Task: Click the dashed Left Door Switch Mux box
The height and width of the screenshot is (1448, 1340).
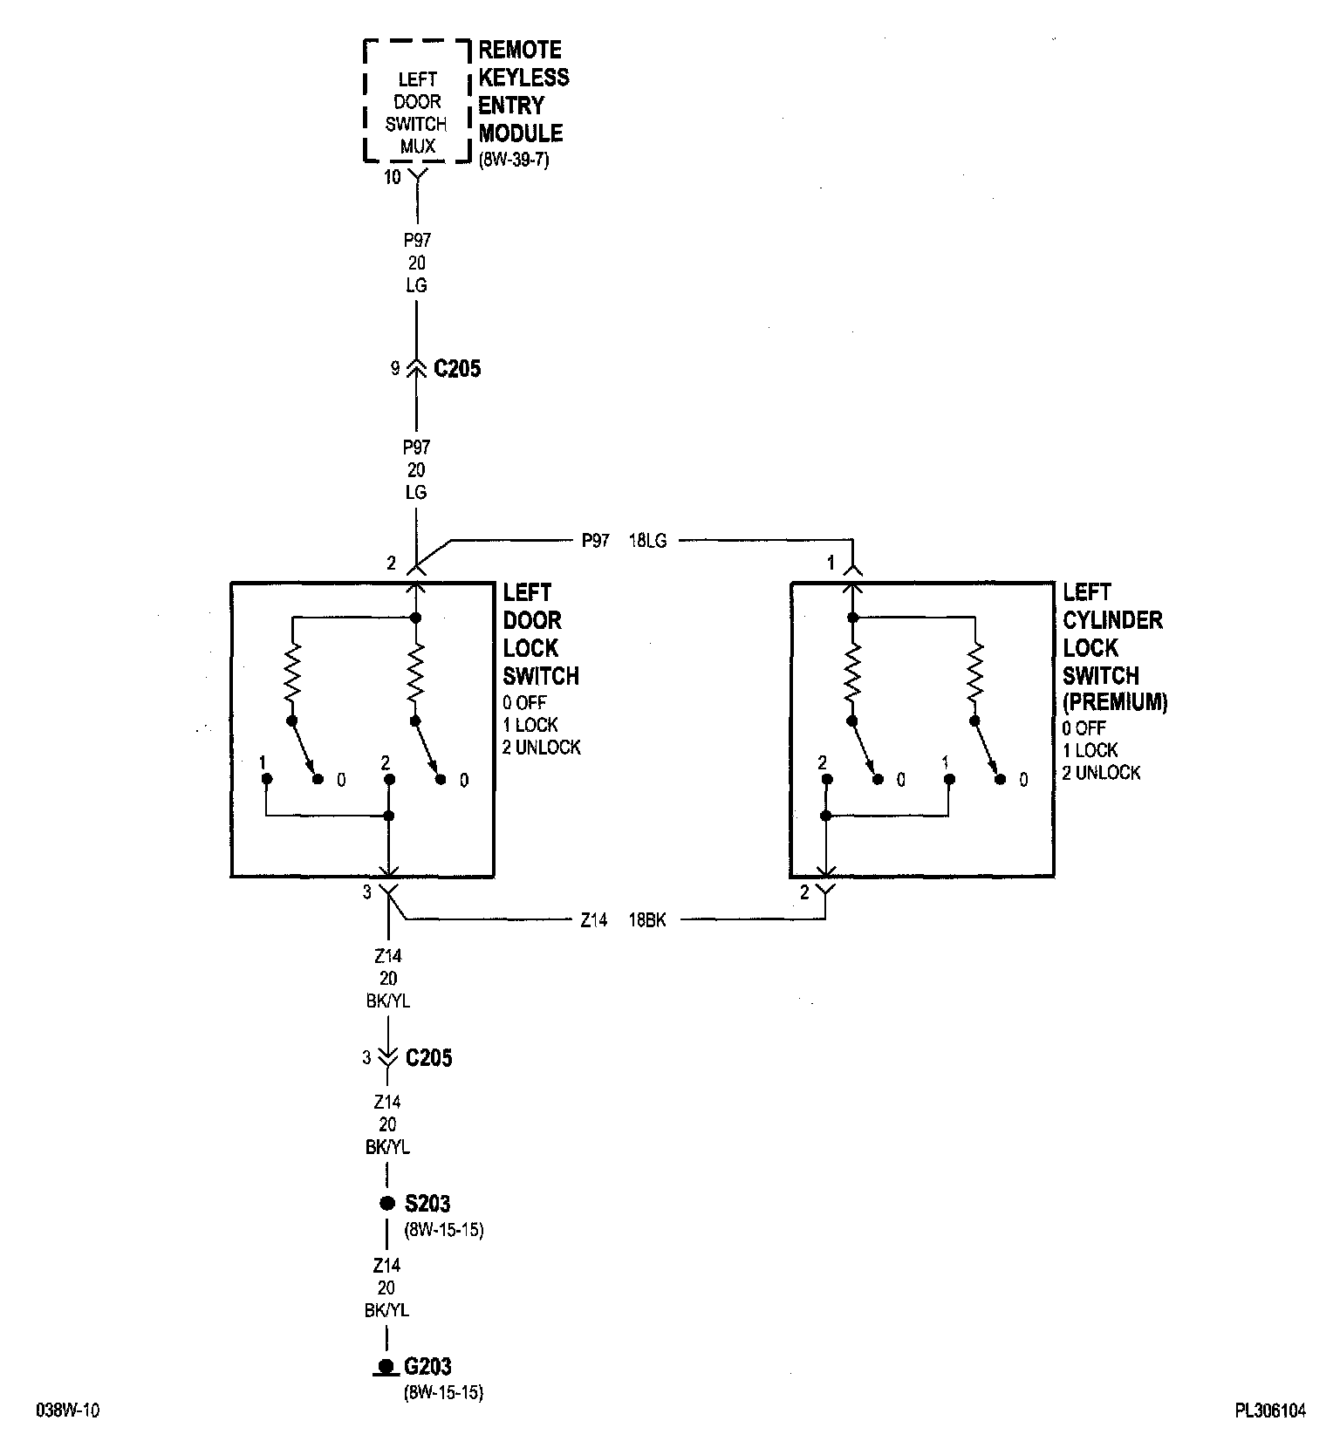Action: [417, 101]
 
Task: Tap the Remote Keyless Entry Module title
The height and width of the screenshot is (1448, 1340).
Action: [523, 92]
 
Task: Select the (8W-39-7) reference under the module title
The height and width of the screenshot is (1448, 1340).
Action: [514, 161]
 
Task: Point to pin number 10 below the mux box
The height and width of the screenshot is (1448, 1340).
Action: [393, 177]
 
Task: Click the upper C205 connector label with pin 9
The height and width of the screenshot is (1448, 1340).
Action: [456, 369]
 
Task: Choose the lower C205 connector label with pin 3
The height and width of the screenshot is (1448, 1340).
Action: [428, 1058]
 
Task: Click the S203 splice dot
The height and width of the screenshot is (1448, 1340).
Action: [387, 1204]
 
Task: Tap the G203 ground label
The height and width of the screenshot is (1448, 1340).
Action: [427, 1367]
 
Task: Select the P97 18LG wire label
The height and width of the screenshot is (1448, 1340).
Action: [623, 541]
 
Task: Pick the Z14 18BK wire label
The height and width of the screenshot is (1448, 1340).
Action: [623, 919]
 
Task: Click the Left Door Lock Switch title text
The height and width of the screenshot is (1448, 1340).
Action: [540, 634]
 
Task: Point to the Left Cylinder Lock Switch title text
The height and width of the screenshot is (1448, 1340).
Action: [1112, 634]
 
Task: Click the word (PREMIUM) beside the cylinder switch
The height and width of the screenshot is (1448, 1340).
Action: [1114, 701]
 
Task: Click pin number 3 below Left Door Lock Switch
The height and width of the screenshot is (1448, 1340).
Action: [367, 892]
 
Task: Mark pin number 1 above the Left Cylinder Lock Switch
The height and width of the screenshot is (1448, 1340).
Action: [831, 563]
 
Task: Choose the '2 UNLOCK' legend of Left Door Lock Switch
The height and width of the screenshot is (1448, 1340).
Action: [541, 748]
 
